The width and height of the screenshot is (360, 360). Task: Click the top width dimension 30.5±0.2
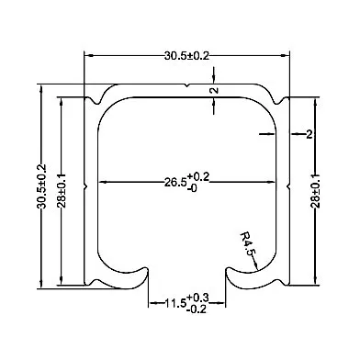point(186,56)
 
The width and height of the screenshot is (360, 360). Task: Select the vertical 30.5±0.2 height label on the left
point(41,186)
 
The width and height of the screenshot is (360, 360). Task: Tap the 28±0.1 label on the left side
point(62,190)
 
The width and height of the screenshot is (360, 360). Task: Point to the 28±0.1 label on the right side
point(315,190)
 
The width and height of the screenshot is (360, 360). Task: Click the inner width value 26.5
point(175,183)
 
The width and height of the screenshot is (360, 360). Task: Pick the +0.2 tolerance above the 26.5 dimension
point(198,176)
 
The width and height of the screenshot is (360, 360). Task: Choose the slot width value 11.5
point(175,303)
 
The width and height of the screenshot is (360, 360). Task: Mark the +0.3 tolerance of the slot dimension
point(197,298)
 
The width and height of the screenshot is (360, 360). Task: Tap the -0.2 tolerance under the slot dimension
point(197,309)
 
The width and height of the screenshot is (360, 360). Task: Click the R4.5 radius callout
point(248,244)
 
